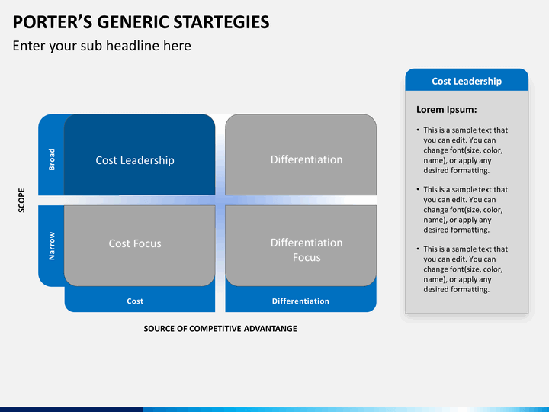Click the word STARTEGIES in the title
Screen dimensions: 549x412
(221, 22)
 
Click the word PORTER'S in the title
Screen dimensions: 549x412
(53, 22)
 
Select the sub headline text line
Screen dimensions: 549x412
(102, 46)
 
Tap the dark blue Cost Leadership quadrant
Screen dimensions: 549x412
(140, 154)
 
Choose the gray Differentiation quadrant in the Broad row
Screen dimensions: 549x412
(300, 154)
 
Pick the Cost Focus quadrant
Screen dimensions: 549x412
(140, 246)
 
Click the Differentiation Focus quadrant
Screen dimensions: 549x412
(300, 246)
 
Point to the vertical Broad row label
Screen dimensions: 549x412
(52, 159)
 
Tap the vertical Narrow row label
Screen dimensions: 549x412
(52, 246)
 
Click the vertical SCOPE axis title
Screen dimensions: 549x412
(21, 200)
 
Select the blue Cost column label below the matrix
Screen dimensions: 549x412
(135, 301)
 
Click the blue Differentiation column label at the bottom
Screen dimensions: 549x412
(300, 301)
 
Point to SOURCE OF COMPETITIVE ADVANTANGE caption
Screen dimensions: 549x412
(220, 329)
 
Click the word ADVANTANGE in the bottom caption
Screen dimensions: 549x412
(270, 329)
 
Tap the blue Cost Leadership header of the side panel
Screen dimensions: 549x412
(467, 81)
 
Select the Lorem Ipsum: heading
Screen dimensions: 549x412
(446, 110)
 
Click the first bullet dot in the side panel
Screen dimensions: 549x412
(418, 130)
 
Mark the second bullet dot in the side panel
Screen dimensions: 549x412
(418, 189)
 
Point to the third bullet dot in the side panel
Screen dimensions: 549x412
(418, 249)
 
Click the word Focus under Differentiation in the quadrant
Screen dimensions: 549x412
(307, 258)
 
